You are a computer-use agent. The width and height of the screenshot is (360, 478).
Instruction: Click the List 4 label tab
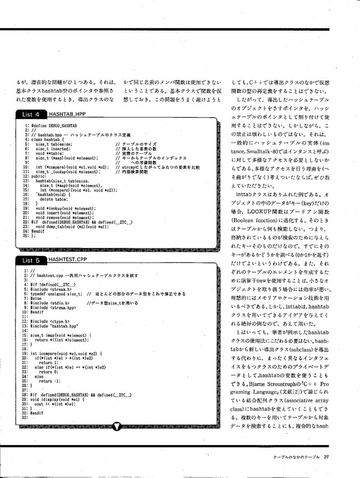pos(31,114)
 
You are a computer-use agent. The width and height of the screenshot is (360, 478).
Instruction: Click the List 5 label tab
pos(31,260)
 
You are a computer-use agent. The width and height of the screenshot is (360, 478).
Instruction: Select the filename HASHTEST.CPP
pos(68,260)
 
